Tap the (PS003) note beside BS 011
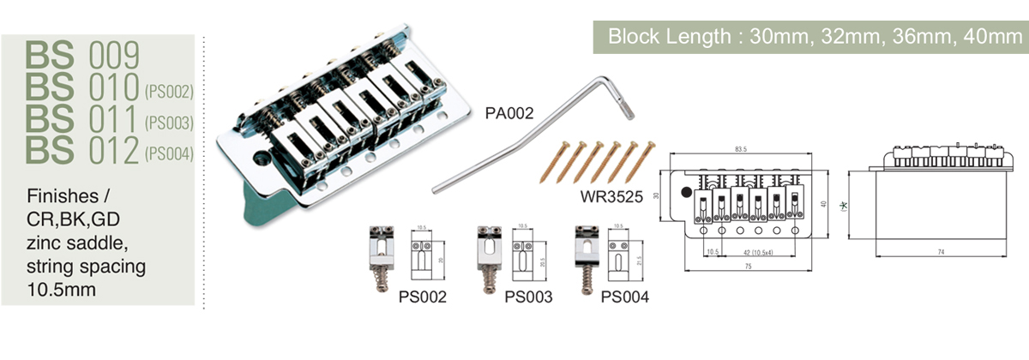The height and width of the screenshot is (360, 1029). (169, 123)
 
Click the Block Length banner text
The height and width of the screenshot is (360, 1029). (809, 38)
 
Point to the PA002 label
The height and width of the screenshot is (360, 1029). (509, 112)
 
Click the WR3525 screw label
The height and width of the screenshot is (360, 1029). (611, 195)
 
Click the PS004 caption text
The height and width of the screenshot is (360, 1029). (625, 297)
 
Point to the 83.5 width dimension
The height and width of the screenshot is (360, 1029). (740, 149)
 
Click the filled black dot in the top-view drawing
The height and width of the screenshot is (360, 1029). (686, 190)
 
